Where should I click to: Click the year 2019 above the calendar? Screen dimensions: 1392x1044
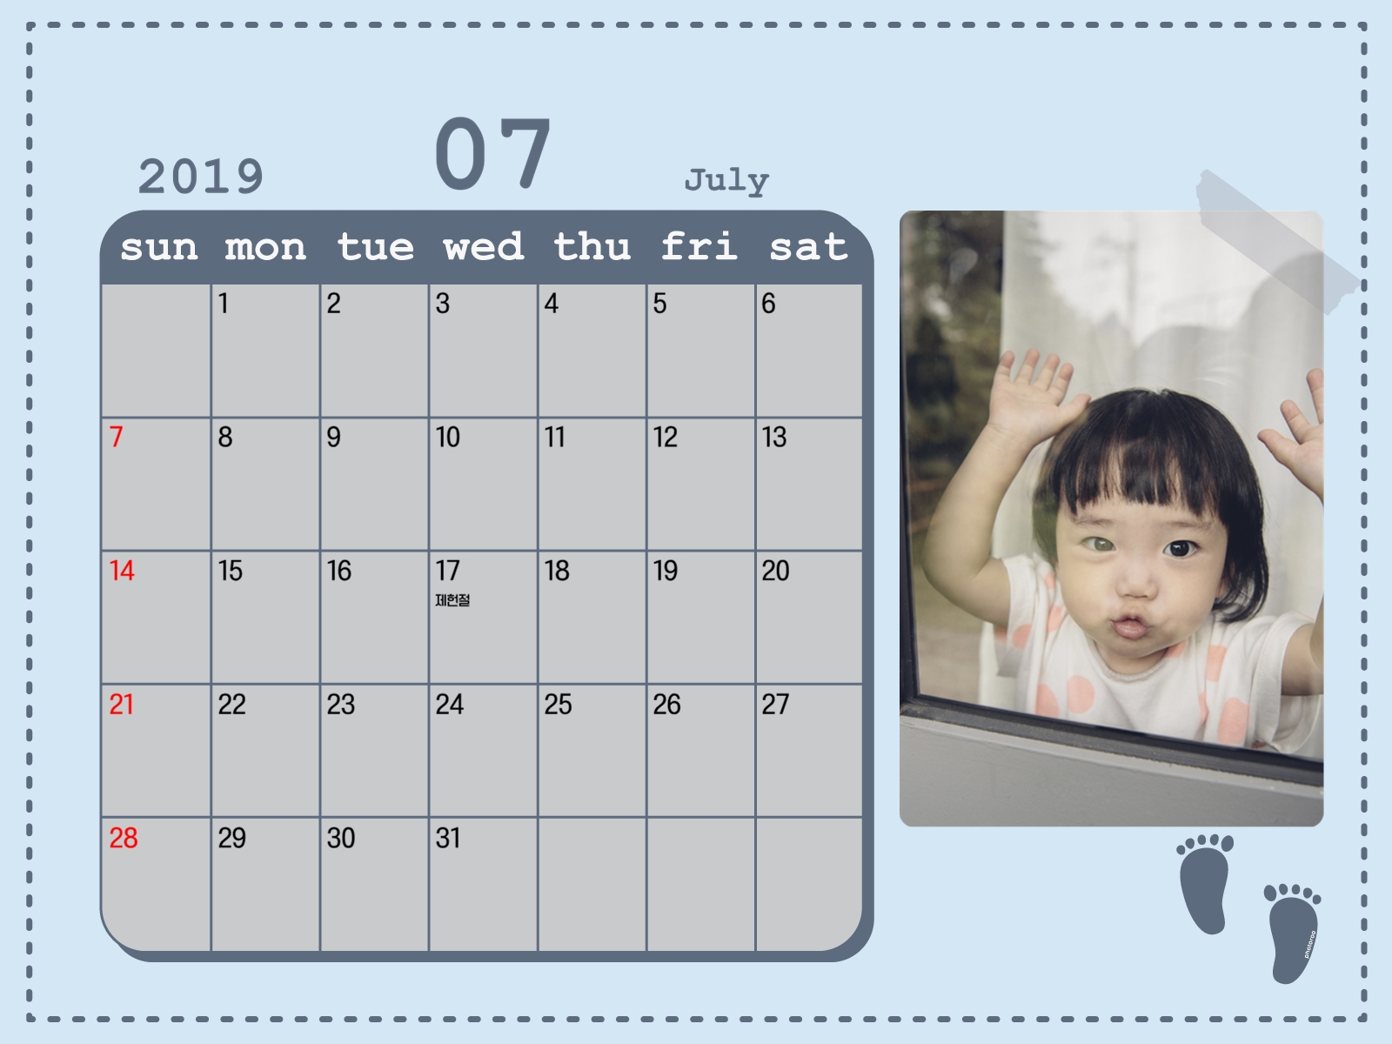(x=200, y=177)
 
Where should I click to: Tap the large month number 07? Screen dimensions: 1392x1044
(x=492, y=153)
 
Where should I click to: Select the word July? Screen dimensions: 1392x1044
(x=726, y=181)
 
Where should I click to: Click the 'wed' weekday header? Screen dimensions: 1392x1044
(x=483, y=246)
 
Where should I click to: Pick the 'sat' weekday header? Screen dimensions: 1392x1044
(x=808, y=247)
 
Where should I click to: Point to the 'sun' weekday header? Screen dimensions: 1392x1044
(x=158, y=248)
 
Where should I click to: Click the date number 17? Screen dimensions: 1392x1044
(x=448, y=571)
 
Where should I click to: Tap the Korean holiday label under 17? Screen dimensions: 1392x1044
(x=452, y=599)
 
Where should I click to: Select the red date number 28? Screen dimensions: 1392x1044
(x=123, y=838)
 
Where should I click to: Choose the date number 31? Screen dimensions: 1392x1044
(x=448, y=838)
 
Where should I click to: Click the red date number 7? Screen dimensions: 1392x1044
(x=116, y=437)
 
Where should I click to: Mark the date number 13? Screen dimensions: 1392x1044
(x=774, y=437)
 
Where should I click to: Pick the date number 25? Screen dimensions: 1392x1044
(x=558, y=704)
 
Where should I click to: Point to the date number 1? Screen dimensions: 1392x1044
(x=224, y=303)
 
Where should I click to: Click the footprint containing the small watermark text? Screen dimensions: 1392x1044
(x=1293, y=934)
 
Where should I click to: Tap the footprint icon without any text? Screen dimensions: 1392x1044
(x=1205, y=884)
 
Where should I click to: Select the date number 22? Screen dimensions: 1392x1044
(x=232, y=704)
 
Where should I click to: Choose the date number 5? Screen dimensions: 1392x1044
(x=660, y=303)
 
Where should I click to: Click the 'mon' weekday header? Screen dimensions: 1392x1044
(x=265, y=248)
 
